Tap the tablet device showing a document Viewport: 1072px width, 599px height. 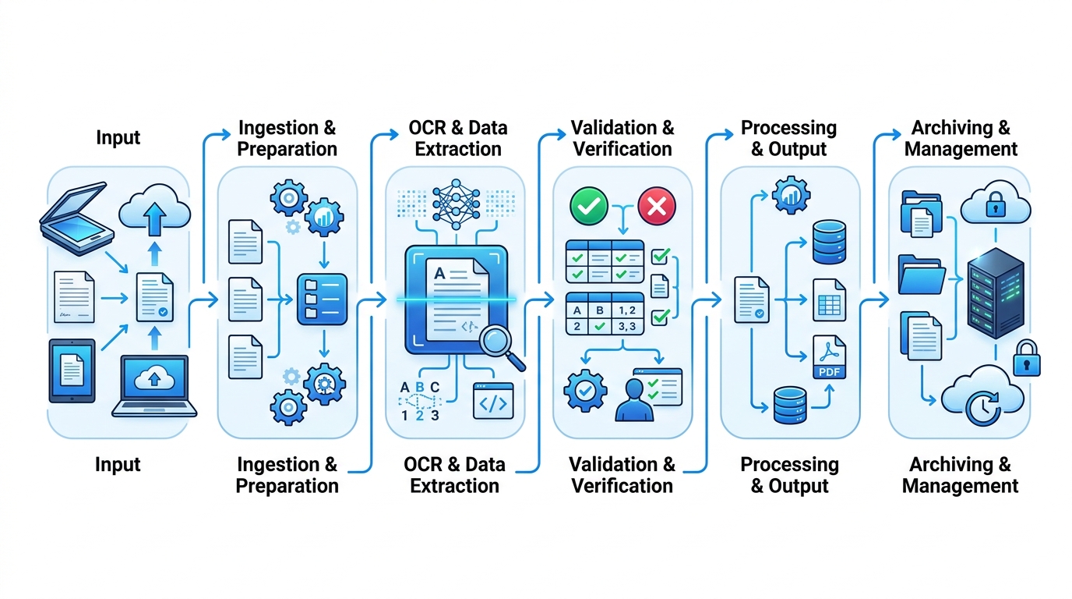pos(72,370)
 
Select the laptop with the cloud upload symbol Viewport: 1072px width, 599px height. pos(154,386)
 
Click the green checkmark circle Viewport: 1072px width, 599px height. pos(589,206)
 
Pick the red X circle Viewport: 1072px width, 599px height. pos(657,206)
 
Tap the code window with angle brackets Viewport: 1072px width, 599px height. pos(493,401)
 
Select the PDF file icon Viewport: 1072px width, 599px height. pos(830,357)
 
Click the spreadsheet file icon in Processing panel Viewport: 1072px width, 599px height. pos(830,300)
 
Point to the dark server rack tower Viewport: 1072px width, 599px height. pos(996,293)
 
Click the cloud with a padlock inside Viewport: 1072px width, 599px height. pos(996,203)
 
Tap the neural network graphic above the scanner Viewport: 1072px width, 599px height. pos(456,204)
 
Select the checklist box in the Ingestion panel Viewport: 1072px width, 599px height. pos(322,299)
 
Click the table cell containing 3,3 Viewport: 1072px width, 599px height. pos(627,326)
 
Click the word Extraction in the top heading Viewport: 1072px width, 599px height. pos(458,149)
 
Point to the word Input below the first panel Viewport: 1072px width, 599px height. pos(118,464)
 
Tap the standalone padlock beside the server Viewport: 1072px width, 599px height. pos(1027,359)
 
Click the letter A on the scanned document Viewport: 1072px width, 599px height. pos(439,274)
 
